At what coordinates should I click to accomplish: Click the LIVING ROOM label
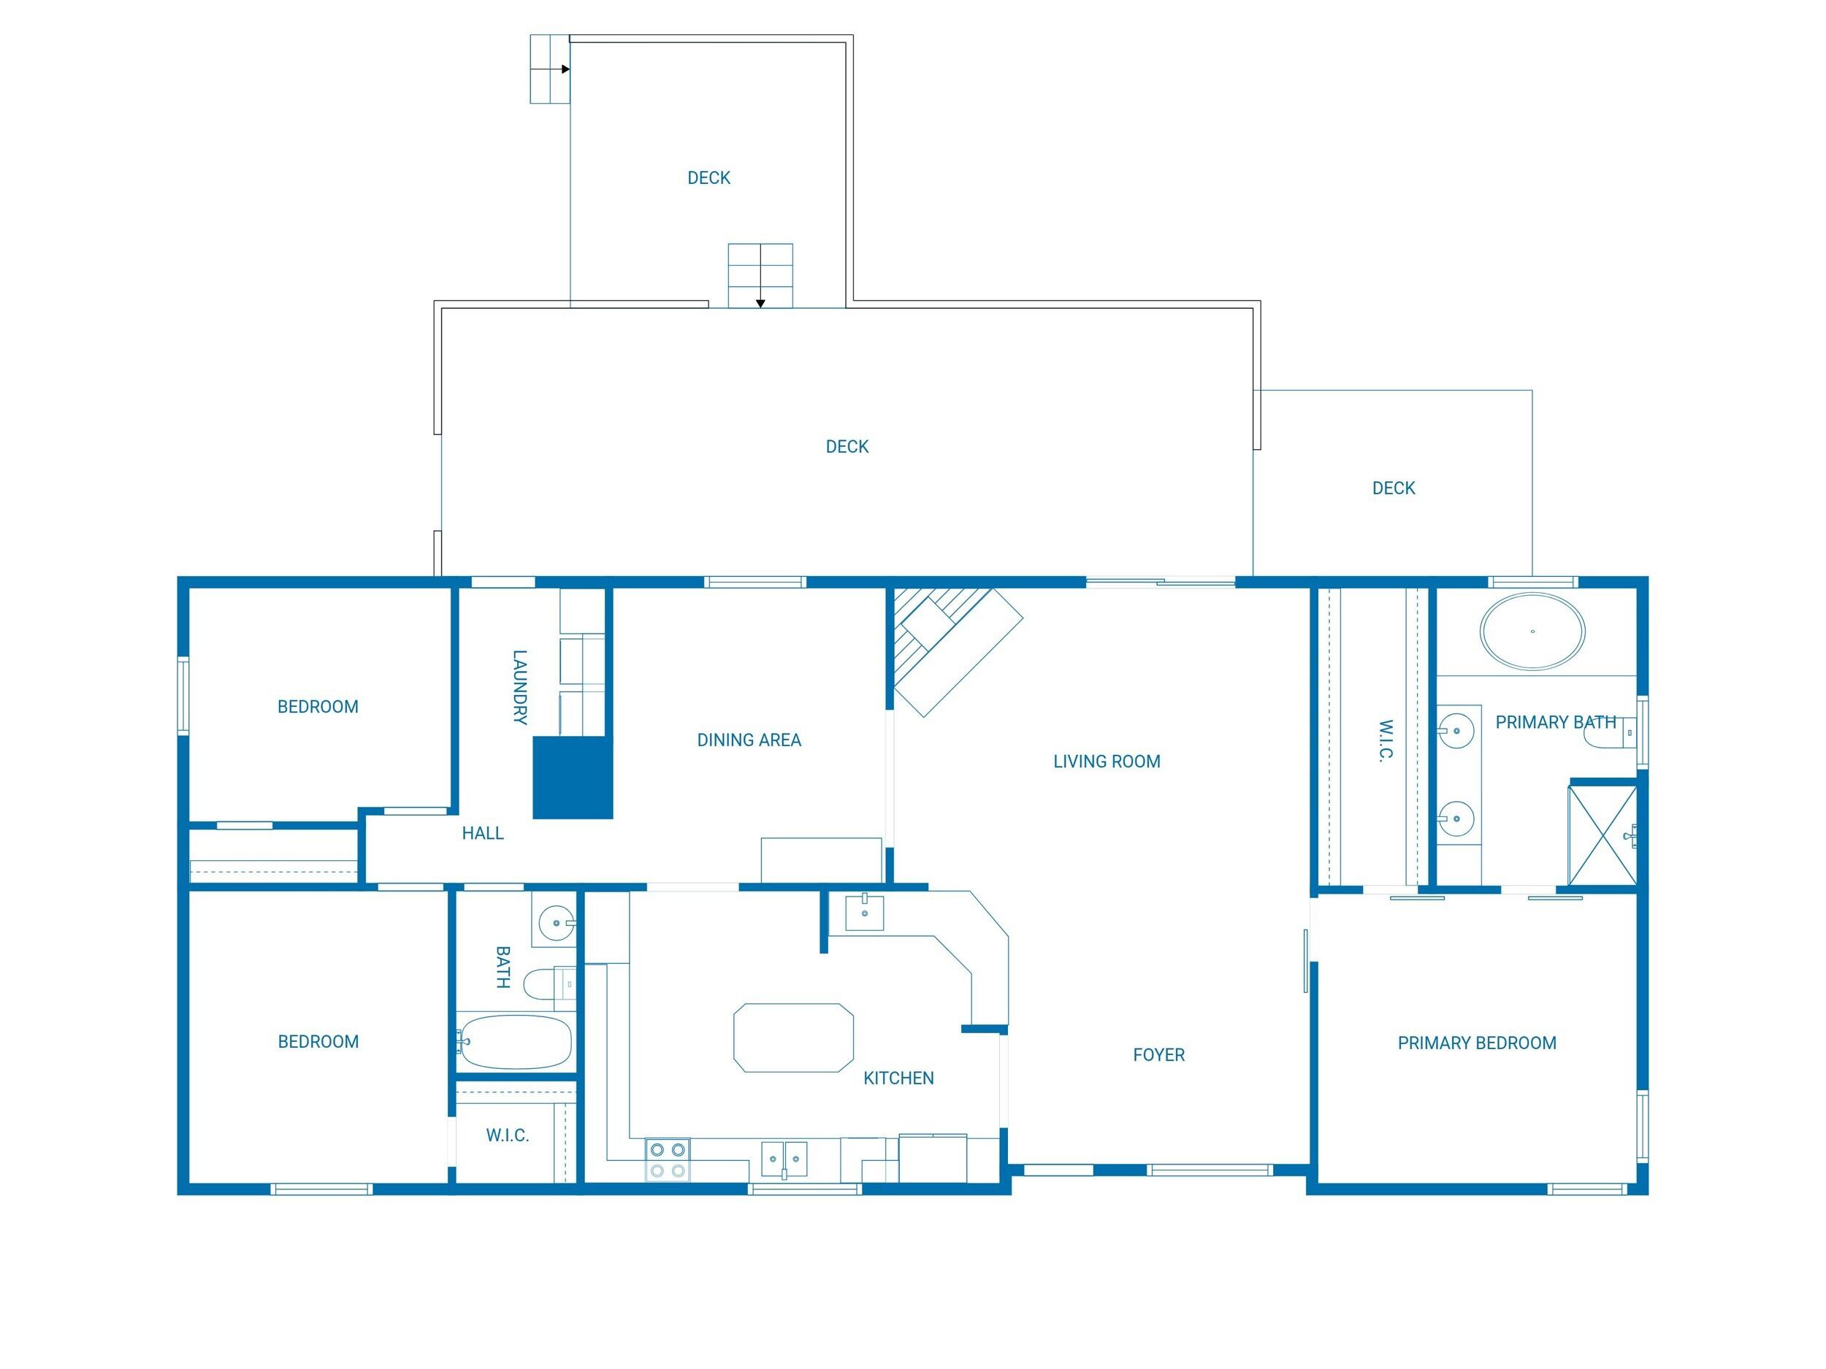(x=1106, y=762)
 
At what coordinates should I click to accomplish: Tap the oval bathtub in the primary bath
(x=1532, y=632)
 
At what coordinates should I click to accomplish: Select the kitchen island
(x=793, y=1038)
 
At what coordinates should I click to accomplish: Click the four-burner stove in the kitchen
(x=667, y=1159)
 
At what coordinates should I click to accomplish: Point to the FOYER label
(x=1158, y=1054)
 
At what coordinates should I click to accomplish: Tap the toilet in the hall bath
(x=549, y=983)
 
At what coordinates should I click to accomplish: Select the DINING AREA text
(x=749, y=740)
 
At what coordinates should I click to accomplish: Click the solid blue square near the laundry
(x=572, y=778)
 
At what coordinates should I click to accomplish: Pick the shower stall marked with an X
(x=1602, y=835)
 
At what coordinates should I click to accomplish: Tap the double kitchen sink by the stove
(x=784, y=1159)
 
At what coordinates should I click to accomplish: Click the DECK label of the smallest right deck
(x=1394, y=488)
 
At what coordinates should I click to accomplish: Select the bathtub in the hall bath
(x=515, y=1042)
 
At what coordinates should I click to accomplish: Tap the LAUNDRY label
(x=519, y=687)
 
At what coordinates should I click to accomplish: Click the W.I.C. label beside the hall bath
(x=507, y=1135)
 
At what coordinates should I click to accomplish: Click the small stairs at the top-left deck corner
(x=550, y=69)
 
